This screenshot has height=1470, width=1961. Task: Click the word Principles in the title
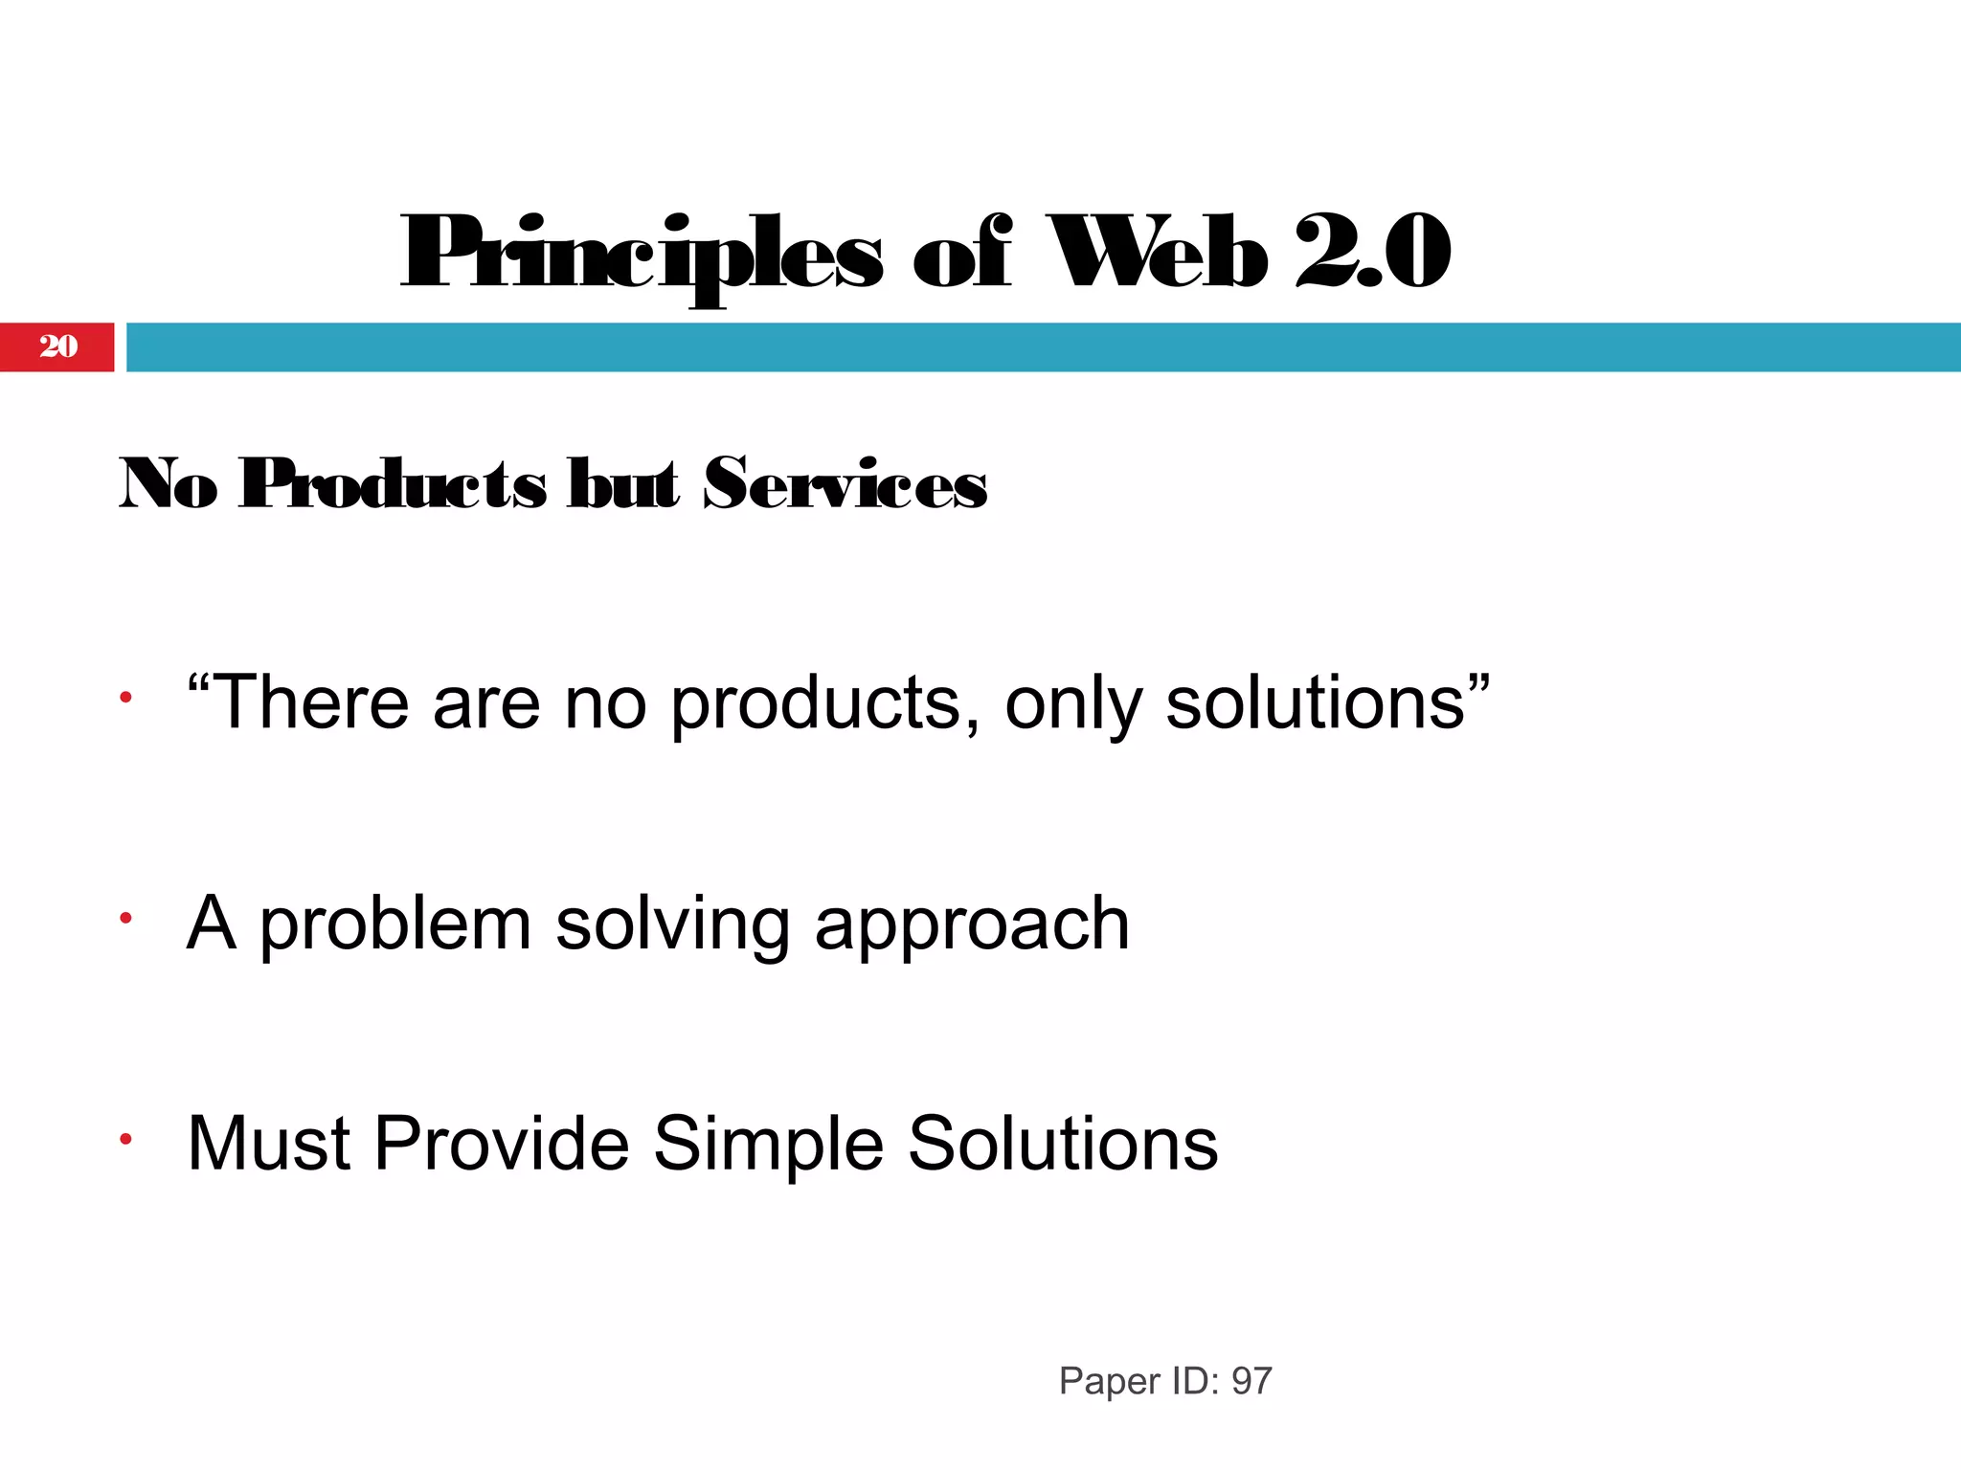(640, 254)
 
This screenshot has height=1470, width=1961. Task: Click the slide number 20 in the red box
(58, 346)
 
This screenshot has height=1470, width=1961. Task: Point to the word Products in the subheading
(393, 483)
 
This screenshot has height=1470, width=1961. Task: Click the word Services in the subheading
(845, 483)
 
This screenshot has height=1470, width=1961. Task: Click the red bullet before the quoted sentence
(124, 699)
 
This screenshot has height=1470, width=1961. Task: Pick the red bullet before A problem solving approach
(124, 919)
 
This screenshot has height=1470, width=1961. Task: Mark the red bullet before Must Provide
(124, 1139)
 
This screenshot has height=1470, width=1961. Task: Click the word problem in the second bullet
(395, 925)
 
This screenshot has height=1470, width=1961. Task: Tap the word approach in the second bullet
(972, 925)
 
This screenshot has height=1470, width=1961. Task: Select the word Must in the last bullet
(269, 1143)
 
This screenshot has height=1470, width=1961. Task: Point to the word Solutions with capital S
(1063, 1143)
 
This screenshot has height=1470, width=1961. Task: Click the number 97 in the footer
(1251, 1381)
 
